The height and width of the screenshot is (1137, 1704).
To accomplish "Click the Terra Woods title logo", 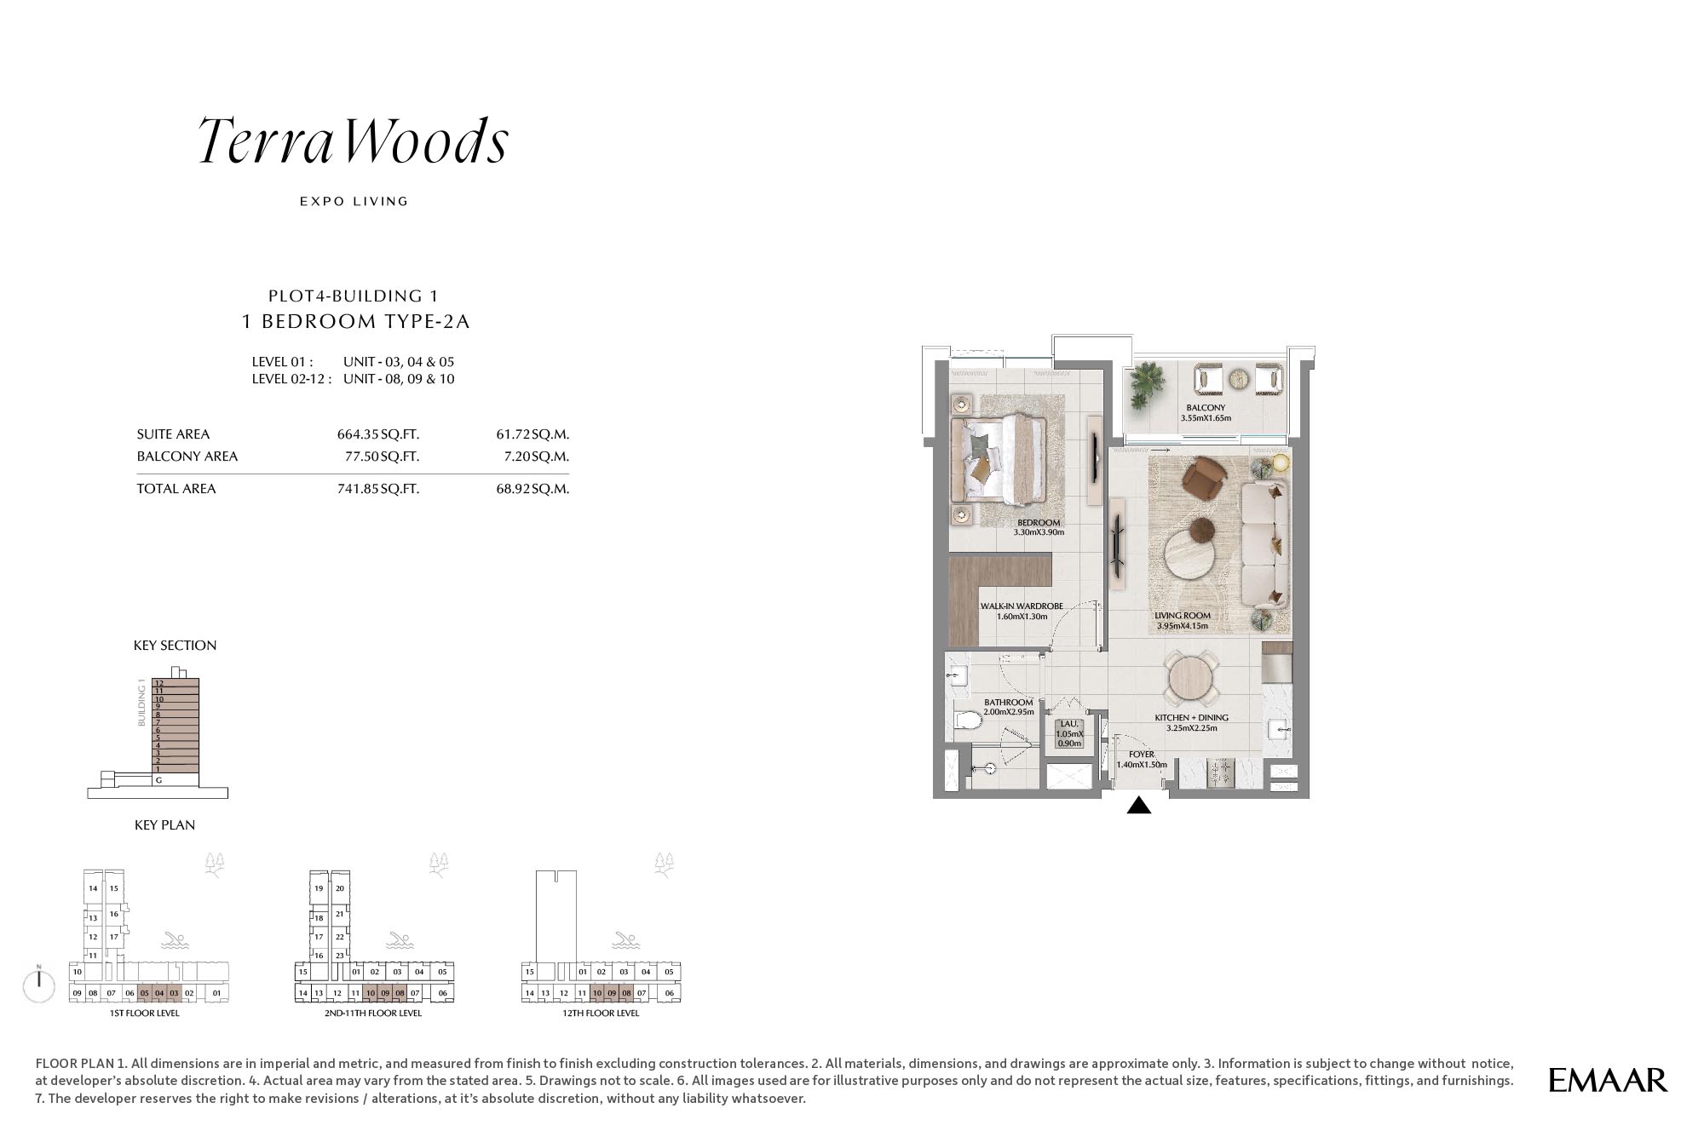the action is (354, 141).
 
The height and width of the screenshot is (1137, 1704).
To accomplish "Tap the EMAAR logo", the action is (1608, 1080).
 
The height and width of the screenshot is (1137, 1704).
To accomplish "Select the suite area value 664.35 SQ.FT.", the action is (378, 434).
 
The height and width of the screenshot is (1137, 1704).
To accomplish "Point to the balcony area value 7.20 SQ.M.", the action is (536, 457).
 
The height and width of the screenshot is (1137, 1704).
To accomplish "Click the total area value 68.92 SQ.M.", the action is (532, 489).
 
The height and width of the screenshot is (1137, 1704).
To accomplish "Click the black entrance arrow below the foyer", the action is (1139, 805).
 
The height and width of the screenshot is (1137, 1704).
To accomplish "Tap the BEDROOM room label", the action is (1039, 523).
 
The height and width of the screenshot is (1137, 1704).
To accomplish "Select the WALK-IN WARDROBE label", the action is (1022, 606).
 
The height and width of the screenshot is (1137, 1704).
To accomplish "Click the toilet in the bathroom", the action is (967, 721).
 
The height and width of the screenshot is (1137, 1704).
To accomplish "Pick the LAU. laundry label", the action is (1069, 724).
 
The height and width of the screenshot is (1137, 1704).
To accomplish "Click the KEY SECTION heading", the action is (175, 646).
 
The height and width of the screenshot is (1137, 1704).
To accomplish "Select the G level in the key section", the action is (158, 779).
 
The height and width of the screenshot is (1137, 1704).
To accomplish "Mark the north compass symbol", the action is (39, 984).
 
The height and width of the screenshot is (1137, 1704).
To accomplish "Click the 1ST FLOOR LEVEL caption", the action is (145, 1014).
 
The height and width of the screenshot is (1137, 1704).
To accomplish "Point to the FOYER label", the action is (1142, 755).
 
